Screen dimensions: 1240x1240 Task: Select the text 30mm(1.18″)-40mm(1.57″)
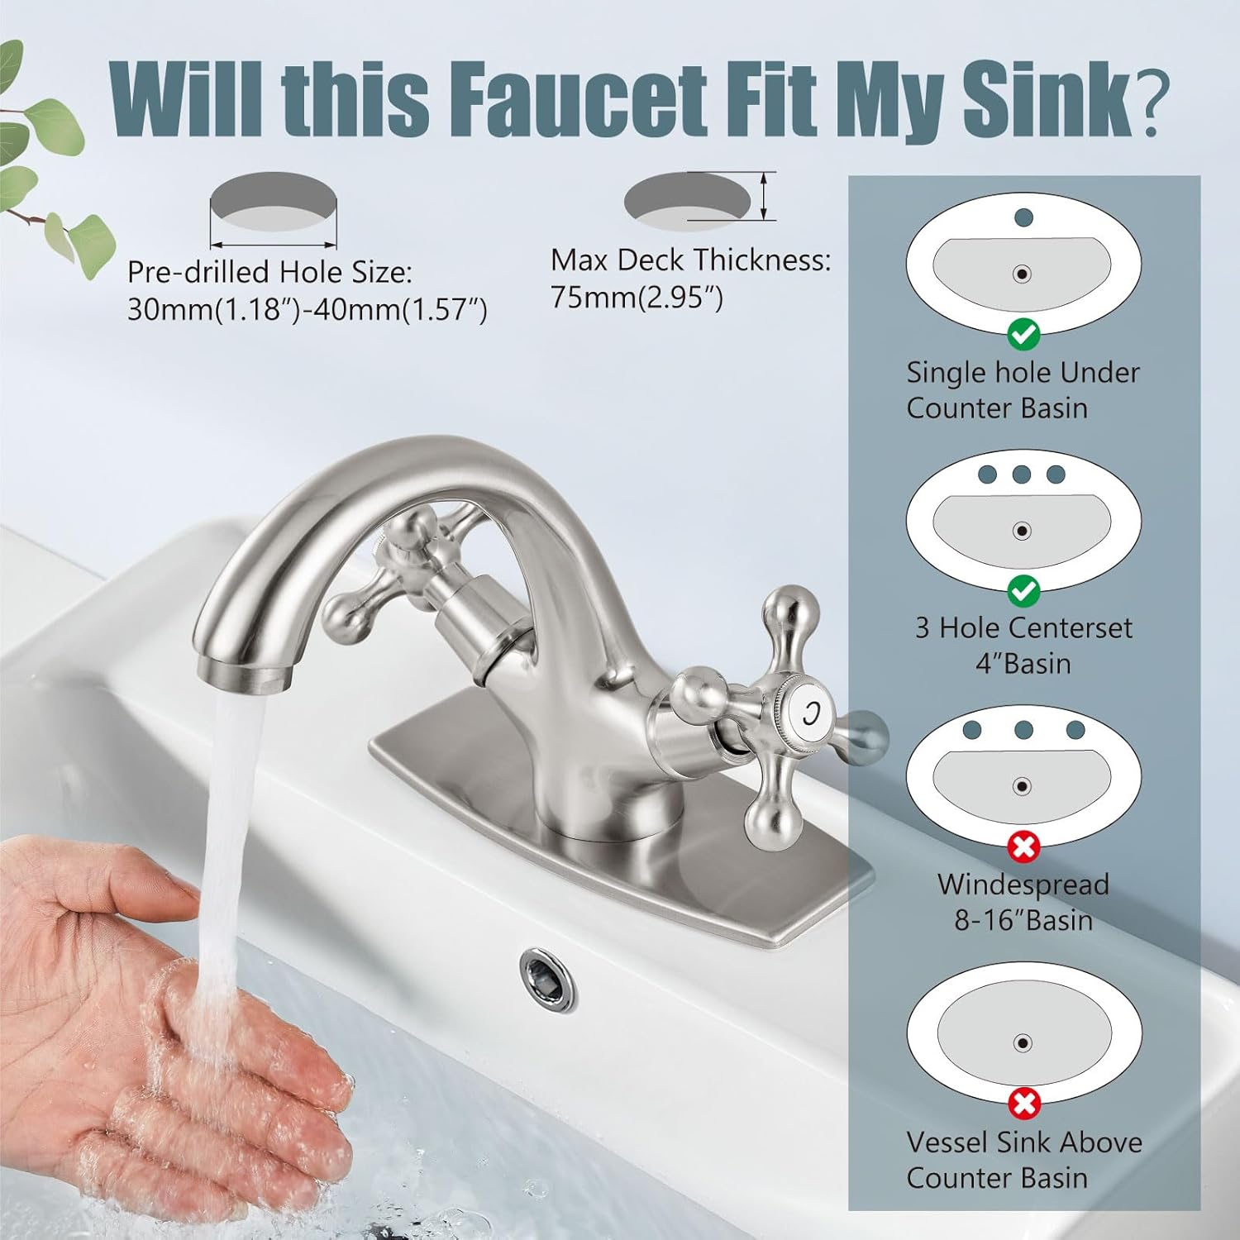click(x=307, y=310)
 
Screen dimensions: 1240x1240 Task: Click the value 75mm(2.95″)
click(x=637, y=298)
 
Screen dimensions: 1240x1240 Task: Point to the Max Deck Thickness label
click(x=690, y=260)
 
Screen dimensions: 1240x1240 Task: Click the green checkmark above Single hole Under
click(x=1023, y=334)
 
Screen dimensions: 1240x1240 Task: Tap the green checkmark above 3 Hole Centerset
click(x=1023, y=590)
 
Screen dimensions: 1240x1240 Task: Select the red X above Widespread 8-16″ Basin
click(x=1023, y=847)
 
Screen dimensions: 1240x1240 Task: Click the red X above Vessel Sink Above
click(x=1023, y=1103)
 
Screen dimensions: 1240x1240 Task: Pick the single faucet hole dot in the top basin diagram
click(x=1023, y=218)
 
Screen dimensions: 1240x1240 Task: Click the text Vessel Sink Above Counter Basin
click(x=1023, y=1160)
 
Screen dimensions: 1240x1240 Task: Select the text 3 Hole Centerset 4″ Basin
click(x=1023, y=646)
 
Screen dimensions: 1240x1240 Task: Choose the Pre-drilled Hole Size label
click(x=269, y=272)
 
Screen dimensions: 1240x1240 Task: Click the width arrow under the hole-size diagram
click(x=274, y=245)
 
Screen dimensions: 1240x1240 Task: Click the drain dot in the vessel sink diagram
click(x=1023, y=1043)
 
